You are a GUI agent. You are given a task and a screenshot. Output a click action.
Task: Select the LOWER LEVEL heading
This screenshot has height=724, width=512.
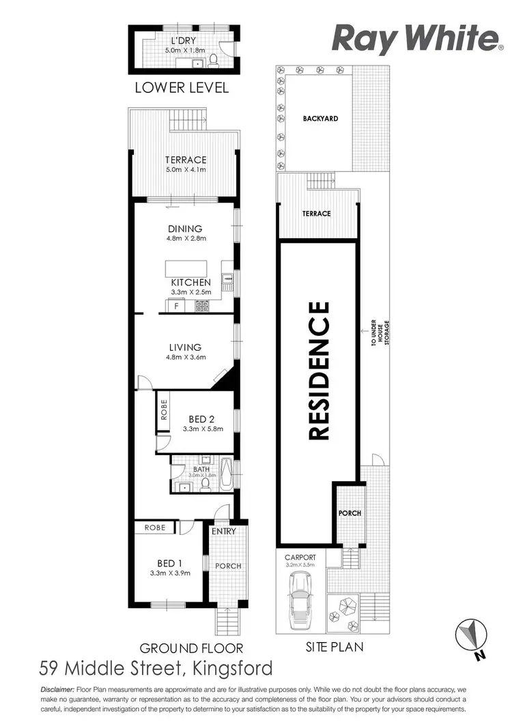tap(181, 88)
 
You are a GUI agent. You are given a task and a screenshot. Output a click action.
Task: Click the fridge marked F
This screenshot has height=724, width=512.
tap(176, 306)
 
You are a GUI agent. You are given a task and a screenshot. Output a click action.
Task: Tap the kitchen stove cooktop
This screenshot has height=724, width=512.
tap(202, 306)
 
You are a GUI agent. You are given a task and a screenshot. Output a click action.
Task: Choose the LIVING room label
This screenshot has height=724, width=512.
tap(184, 347)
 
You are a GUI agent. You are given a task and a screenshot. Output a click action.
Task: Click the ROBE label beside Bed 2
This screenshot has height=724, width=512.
tap(162, 412)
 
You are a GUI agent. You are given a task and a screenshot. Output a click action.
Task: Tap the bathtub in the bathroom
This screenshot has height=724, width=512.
tap(227, 475)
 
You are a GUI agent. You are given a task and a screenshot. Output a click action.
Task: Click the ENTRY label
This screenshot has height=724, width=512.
tap(223, 532)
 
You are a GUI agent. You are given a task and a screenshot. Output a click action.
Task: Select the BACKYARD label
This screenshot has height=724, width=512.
tap(320, 119)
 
